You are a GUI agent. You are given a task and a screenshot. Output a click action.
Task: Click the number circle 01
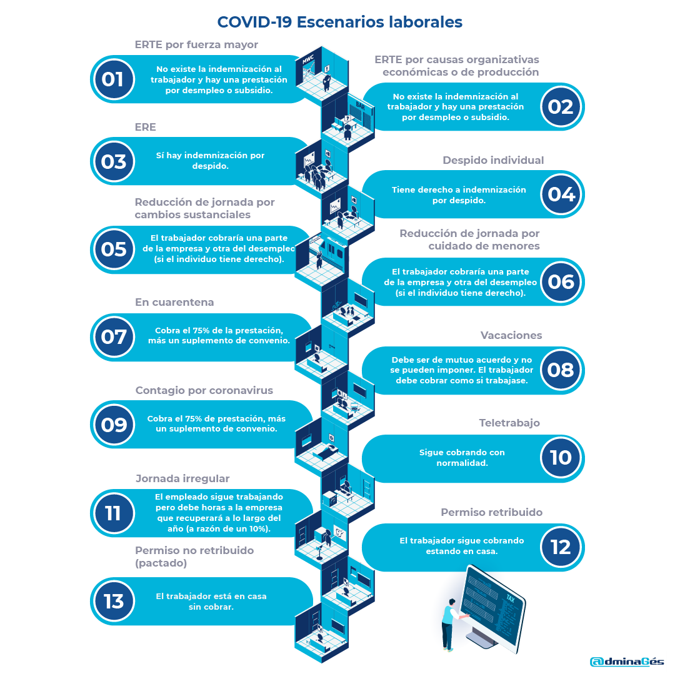click(113, 79)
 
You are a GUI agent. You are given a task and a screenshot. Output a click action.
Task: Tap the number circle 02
click(561, 107)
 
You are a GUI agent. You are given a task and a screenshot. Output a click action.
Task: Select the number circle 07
click(113, 337)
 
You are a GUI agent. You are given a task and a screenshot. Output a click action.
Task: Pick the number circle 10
click(561, 458)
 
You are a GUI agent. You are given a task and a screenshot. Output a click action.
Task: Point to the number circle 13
click(113, 602)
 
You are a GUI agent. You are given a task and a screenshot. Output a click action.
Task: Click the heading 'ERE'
click(145, 127)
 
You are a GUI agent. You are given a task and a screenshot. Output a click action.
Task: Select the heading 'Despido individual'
click(493, 160)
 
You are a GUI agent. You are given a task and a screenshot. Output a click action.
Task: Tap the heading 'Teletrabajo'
click(509, 423)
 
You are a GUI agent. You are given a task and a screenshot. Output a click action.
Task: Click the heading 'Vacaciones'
click(511, 335)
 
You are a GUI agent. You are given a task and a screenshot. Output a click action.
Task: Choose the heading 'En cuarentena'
click(174, 302)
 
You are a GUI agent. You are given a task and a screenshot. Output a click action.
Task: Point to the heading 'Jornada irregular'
click(182, 478)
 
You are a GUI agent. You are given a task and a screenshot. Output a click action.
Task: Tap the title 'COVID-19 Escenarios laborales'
click(339, 22)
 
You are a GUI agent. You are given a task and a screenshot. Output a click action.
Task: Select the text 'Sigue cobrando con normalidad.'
click(462, 458)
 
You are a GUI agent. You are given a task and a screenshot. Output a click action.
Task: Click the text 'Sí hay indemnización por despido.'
click(210, 161)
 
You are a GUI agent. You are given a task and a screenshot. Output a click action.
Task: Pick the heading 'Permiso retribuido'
click(491, 512)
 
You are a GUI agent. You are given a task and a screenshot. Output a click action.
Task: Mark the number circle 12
click(561, 547)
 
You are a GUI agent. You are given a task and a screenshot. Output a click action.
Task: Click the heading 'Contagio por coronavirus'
click(204, 390)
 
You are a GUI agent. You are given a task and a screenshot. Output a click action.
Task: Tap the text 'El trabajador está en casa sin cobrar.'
click(211, 601)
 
